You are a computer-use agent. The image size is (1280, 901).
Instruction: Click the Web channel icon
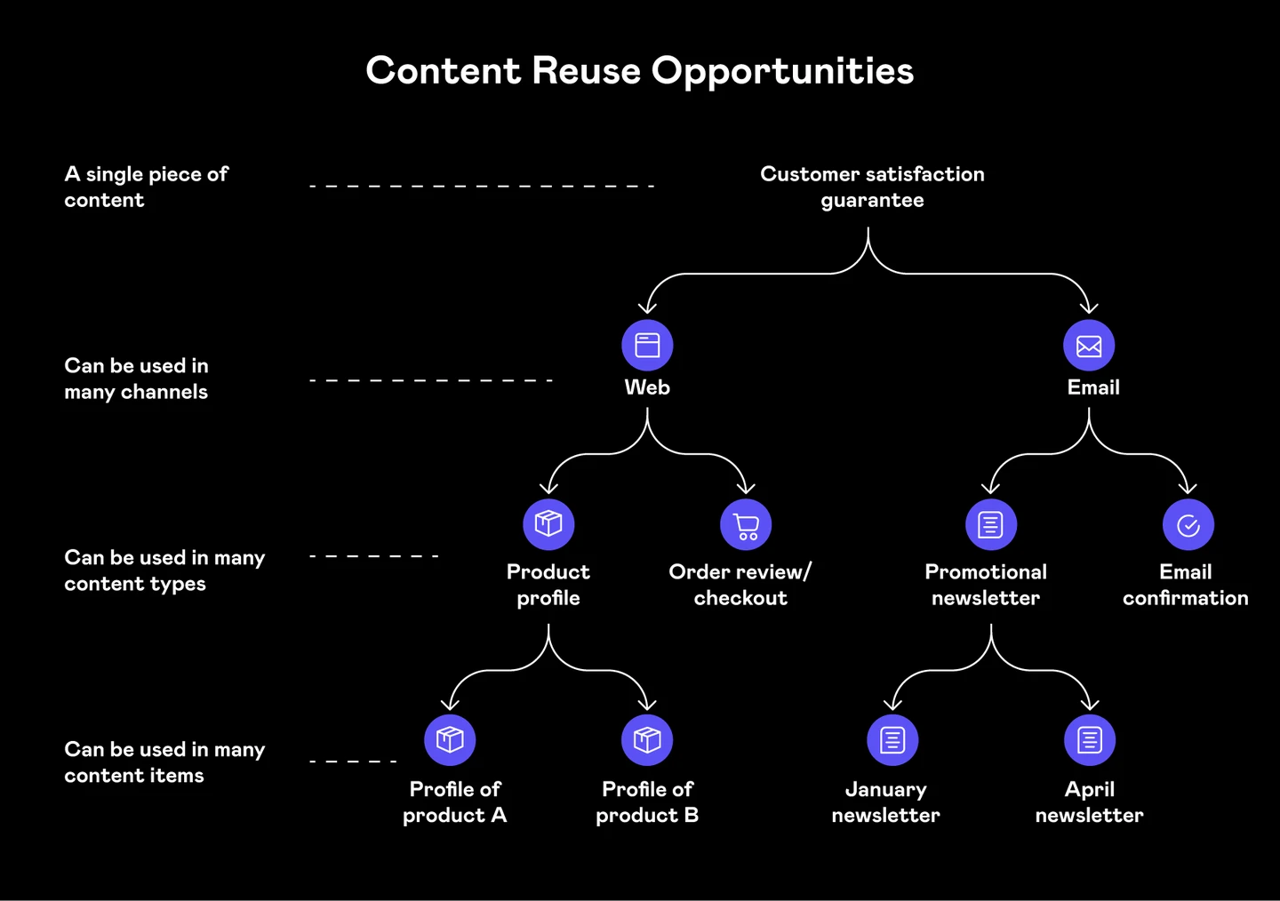tap(647, 345)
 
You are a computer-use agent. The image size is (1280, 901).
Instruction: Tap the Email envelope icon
tap(1089, 346)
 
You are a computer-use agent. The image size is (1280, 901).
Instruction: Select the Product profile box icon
tap(548, 524)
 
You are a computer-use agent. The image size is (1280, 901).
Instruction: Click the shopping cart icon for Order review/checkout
tap(746, 525)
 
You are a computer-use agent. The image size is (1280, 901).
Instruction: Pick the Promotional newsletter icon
tap(991, 525)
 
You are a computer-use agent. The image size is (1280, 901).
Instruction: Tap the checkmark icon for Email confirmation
tap(1188, 525)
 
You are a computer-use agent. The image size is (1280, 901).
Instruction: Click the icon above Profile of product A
tap(450, 740)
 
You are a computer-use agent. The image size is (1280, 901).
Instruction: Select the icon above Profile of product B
tap(647, 740)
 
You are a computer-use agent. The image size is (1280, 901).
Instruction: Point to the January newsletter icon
tap(892, 740)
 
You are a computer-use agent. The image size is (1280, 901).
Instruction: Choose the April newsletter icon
tap(1090, 740)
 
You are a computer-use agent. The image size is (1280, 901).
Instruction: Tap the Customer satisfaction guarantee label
tap(872, 187)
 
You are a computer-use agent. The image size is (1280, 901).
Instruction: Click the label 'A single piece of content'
tap(146, 187)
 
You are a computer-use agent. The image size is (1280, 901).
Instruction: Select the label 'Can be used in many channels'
tap(136, 379)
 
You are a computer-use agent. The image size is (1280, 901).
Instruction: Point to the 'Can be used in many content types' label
tap(164, 570)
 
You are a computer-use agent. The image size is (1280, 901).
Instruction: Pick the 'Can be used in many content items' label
tap(164, 762)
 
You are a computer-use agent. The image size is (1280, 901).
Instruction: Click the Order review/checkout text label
tap(740, 585)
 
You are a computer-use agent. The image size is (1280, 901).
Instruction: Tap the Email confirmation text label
tap(1186, 585)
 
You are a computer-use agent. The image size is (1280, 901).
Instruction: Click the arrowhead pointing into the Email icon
tap(1089, 307)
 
